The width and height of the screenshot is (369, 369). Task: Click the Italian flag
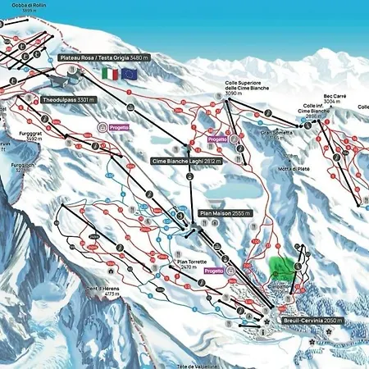(x=109, y=74)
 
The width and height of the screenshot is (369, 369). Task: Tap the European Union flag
(x=129, y=74)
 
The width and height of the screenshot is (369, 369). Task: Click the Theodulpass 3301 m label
(x=71, y=99)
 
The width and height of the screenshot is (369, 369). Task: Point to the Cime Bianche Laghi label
(x=189, y=162)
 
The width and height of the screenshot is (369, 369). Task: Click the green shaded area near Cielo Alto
(x=283, y=267)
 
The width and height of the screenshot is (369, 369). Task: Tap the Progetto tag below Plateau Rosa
(x=114, y=127)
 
